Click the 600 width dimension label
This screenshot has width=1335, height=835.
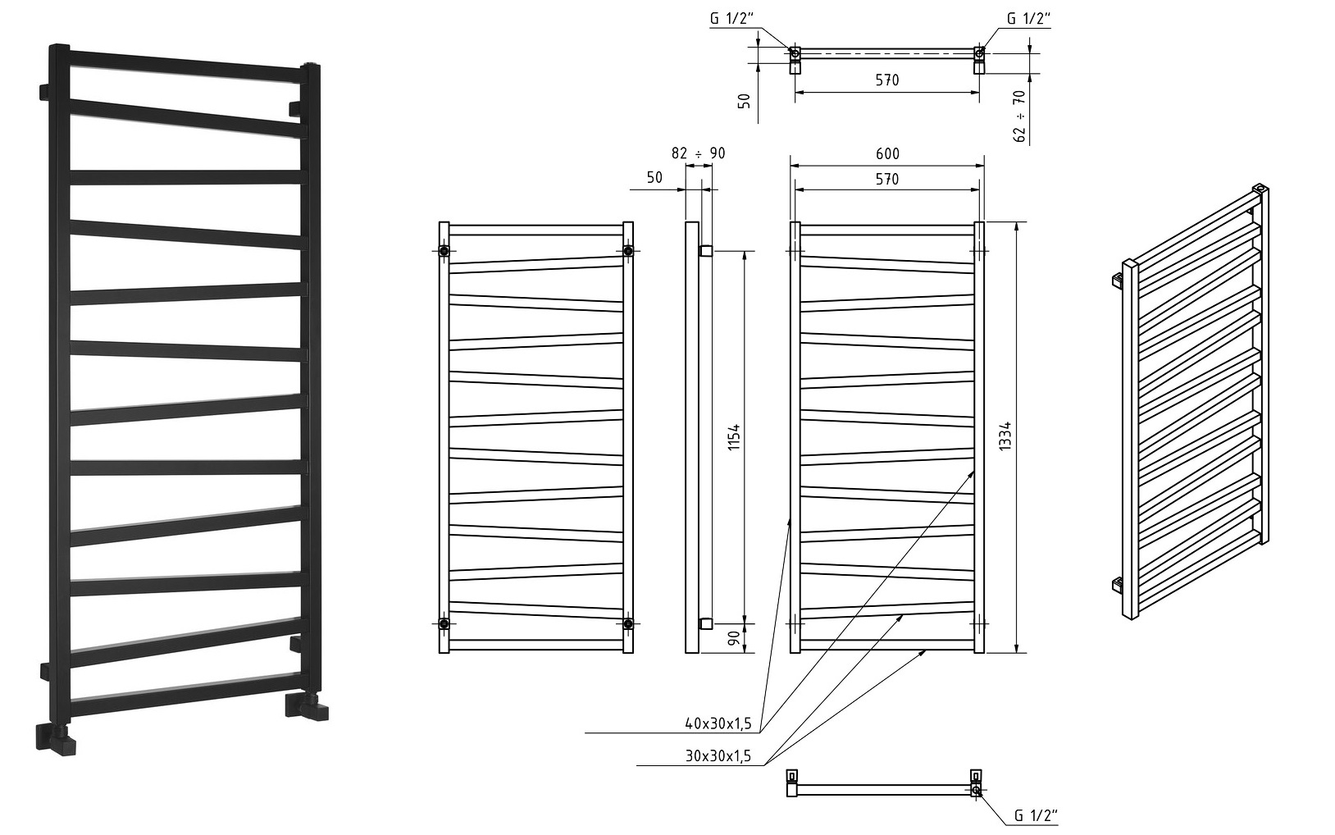coord(887,153)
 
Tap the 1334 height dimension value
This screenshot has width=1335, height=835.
coord(1005,436)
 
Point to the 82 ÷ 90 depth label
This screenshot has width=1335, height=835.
coord(699,153)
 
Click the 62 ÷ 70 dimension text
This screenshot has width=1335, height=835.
coord(1020,116)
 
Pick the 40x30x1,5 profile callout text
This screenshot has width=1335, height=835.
coord(718,724)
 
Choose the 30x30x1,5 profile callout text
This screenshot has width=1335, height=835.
coord(718,756)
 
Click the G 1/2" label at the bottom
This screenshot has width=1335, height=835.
coord(1037,815)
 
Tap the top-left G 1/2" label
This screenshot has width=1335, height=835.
coord(731,19)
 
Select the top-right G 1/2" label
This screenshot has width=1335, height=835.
coord(1028,19)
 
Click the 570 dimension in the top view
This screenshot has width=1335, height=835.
coord(887,80)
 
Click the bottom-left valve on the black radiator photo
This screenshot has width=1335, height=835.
coord(56,738)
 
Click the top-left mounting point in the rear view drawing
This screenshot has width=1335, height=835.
coord(444,251)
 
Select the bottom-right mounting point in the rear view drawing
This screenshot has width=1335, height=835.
coord(628,623)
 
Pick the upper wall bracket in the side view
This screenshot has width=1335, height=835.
coord(706,251)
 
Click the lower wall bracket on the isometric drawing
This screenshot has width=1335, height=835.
coord(1118,586)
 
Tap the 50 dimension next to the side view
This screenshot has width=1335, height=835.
coord(654,178)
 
